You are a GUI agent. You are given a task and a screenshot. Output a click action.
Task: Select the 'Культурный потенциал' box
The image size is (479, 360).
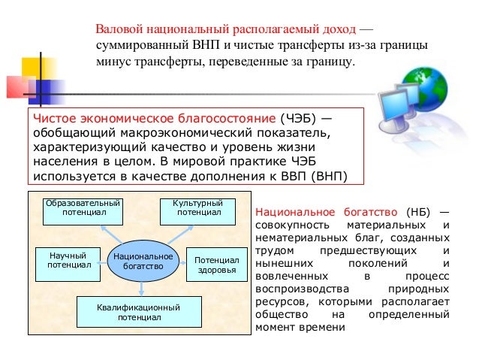198,208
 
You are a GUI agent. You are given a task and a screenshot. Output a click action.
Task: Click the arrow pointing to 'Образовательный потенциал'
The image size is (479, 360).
107,234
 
